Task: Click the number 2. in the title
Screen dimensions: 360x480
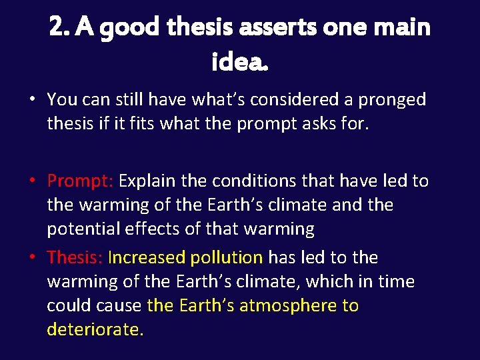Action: [x=59, y=27]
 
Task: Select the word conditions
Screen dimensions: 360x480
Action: [x=253, y=181]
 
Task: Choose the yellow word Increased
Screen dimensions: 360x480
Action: [x=147, y=257]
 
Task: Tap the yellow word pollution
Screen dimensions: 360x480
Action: [x=227, y=257]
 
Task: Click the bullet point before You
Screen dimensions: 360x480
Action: [x=32, y=101]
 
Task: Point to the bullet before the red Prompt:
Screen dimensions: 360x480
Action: [x=32, y=181]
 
